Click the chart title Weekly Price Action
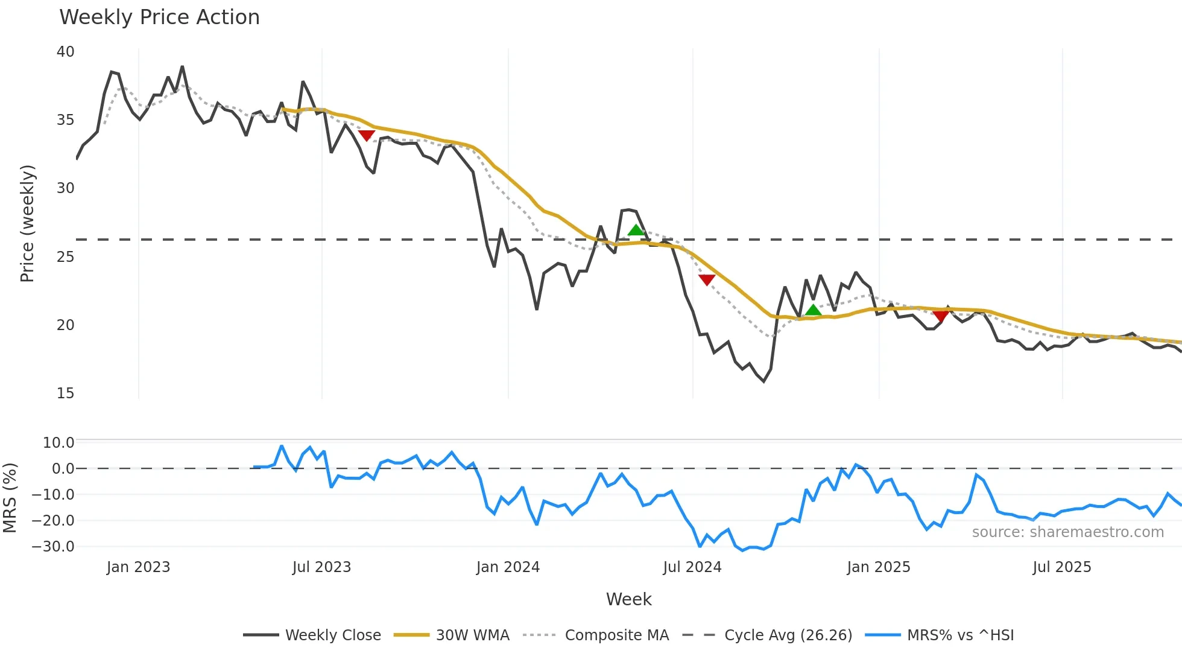[x=159, y=17]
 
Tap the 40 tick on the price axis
[x=66, y=52]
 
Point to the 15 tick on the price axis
[x=66, y=393]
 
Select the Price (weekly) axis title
[x=27, y=223]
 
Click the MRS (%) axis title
[x=10, y=498]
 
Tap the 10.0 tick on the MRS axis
[x=58, y=442]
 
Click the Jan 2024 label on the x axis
[x=508, y=567]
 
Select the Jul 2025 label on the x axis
[x=1061, y=567]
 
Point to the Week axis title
[x=628, y=599]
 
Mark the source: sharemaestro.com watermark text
[x=1067, y=532]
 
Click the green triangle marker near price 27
[x=636, y=230]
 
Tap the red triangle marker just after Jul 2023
[x=367, y=135]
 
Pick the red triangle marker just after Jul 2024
[x=707, y=279]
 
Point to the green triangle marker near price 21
[x=813, y=310]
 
